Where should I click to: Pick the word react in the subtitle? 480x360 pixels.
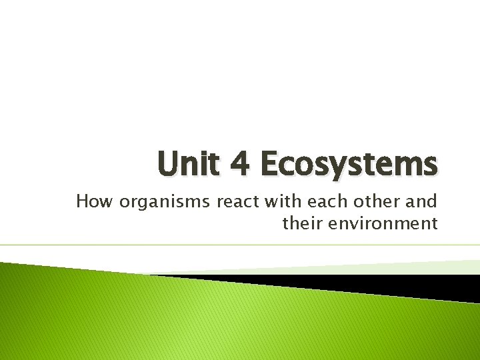[x=229, y=201]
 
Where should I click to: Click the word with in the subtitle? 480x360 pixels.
[x=273, y=201]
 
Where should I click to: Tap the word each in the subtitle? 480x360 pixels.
[x=314, y=201]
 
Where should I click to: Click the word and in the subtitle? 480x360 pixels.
[x=420, y=201]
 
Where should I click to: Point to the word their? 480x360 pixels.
[x=303, y=223]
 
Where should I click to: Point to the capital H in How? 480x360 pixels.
[x=83, y=201]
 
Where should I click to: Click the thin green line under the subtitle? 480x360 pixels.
[x=240, y=245]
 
